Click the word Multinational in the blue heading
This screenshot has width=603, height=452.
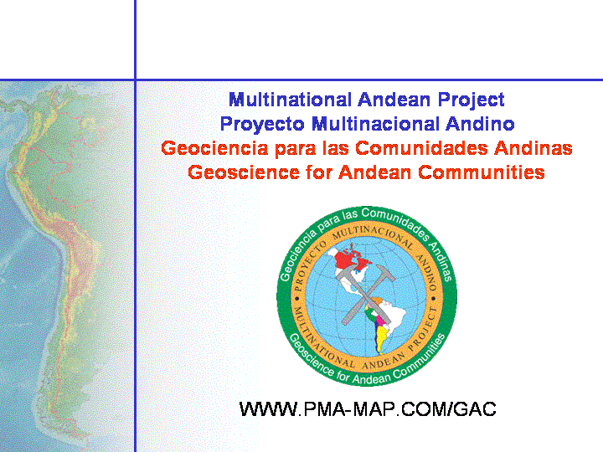(x=291, y=100)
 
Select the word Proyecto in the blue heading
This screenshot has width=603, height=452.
(x=262, y=125)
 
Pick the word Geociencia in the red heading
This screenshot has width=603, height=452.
(x=214, y=148)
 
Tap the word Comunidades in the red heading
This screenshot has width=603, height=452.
(x=421, y=148)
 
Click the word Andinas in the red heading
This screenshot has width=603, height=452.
(x=533, y=148)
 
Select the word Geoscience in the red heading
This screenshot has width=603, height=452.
(x=244, y=172)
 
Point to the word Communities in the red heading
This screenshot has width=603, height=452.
(x=482, y=172)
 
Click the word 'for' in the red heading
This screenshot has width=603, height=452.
(x=319, y=172)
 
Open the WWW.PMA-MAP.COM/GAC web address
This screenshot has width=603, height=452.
(x=368, y=409)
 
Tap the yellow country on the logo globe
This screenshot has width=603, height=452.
(x=381, y=337)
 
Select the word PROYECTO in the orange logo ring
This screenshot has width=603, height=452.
(x=307, y=265)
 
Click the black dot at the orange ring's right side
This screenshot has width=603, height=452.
(x=434, y=298)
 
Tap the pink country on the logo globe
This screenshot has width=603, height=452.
(x=379, y=319)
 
